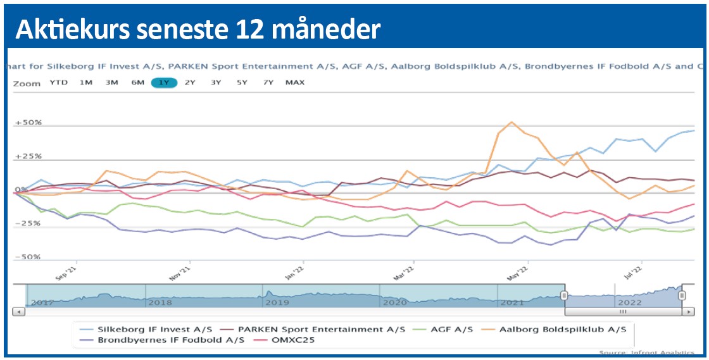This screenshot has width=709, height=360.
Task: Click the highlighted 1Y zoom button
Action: tap(164, 82)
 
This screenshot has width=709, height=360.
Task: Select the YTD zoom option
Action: tap(59, 82)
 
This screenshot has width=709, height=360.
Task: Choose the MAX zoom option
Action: tap(294, 82)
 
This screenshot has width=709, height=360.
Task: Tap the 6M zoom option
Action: tap(138, 82)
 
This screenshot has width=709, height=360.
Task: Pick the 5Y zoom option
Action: tap(242, 82)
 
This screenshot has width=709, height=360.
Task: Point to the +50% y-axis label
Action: tap(29, 122)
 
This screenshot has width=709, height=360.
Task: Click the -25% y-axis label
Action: tap(29, 223)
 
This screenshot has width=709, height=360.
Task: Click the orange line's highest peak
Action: tap(511, 122)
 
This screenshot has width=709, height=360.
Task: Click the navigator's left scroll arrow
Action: tap(19, 311)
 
